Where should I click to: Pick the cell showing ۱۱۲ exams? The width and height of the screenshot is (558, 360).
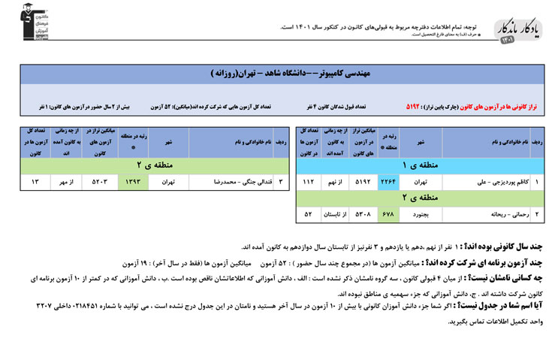coord(309,181)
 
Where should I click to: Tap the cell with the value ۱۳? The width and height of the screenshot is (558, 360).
coord(35,181)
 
